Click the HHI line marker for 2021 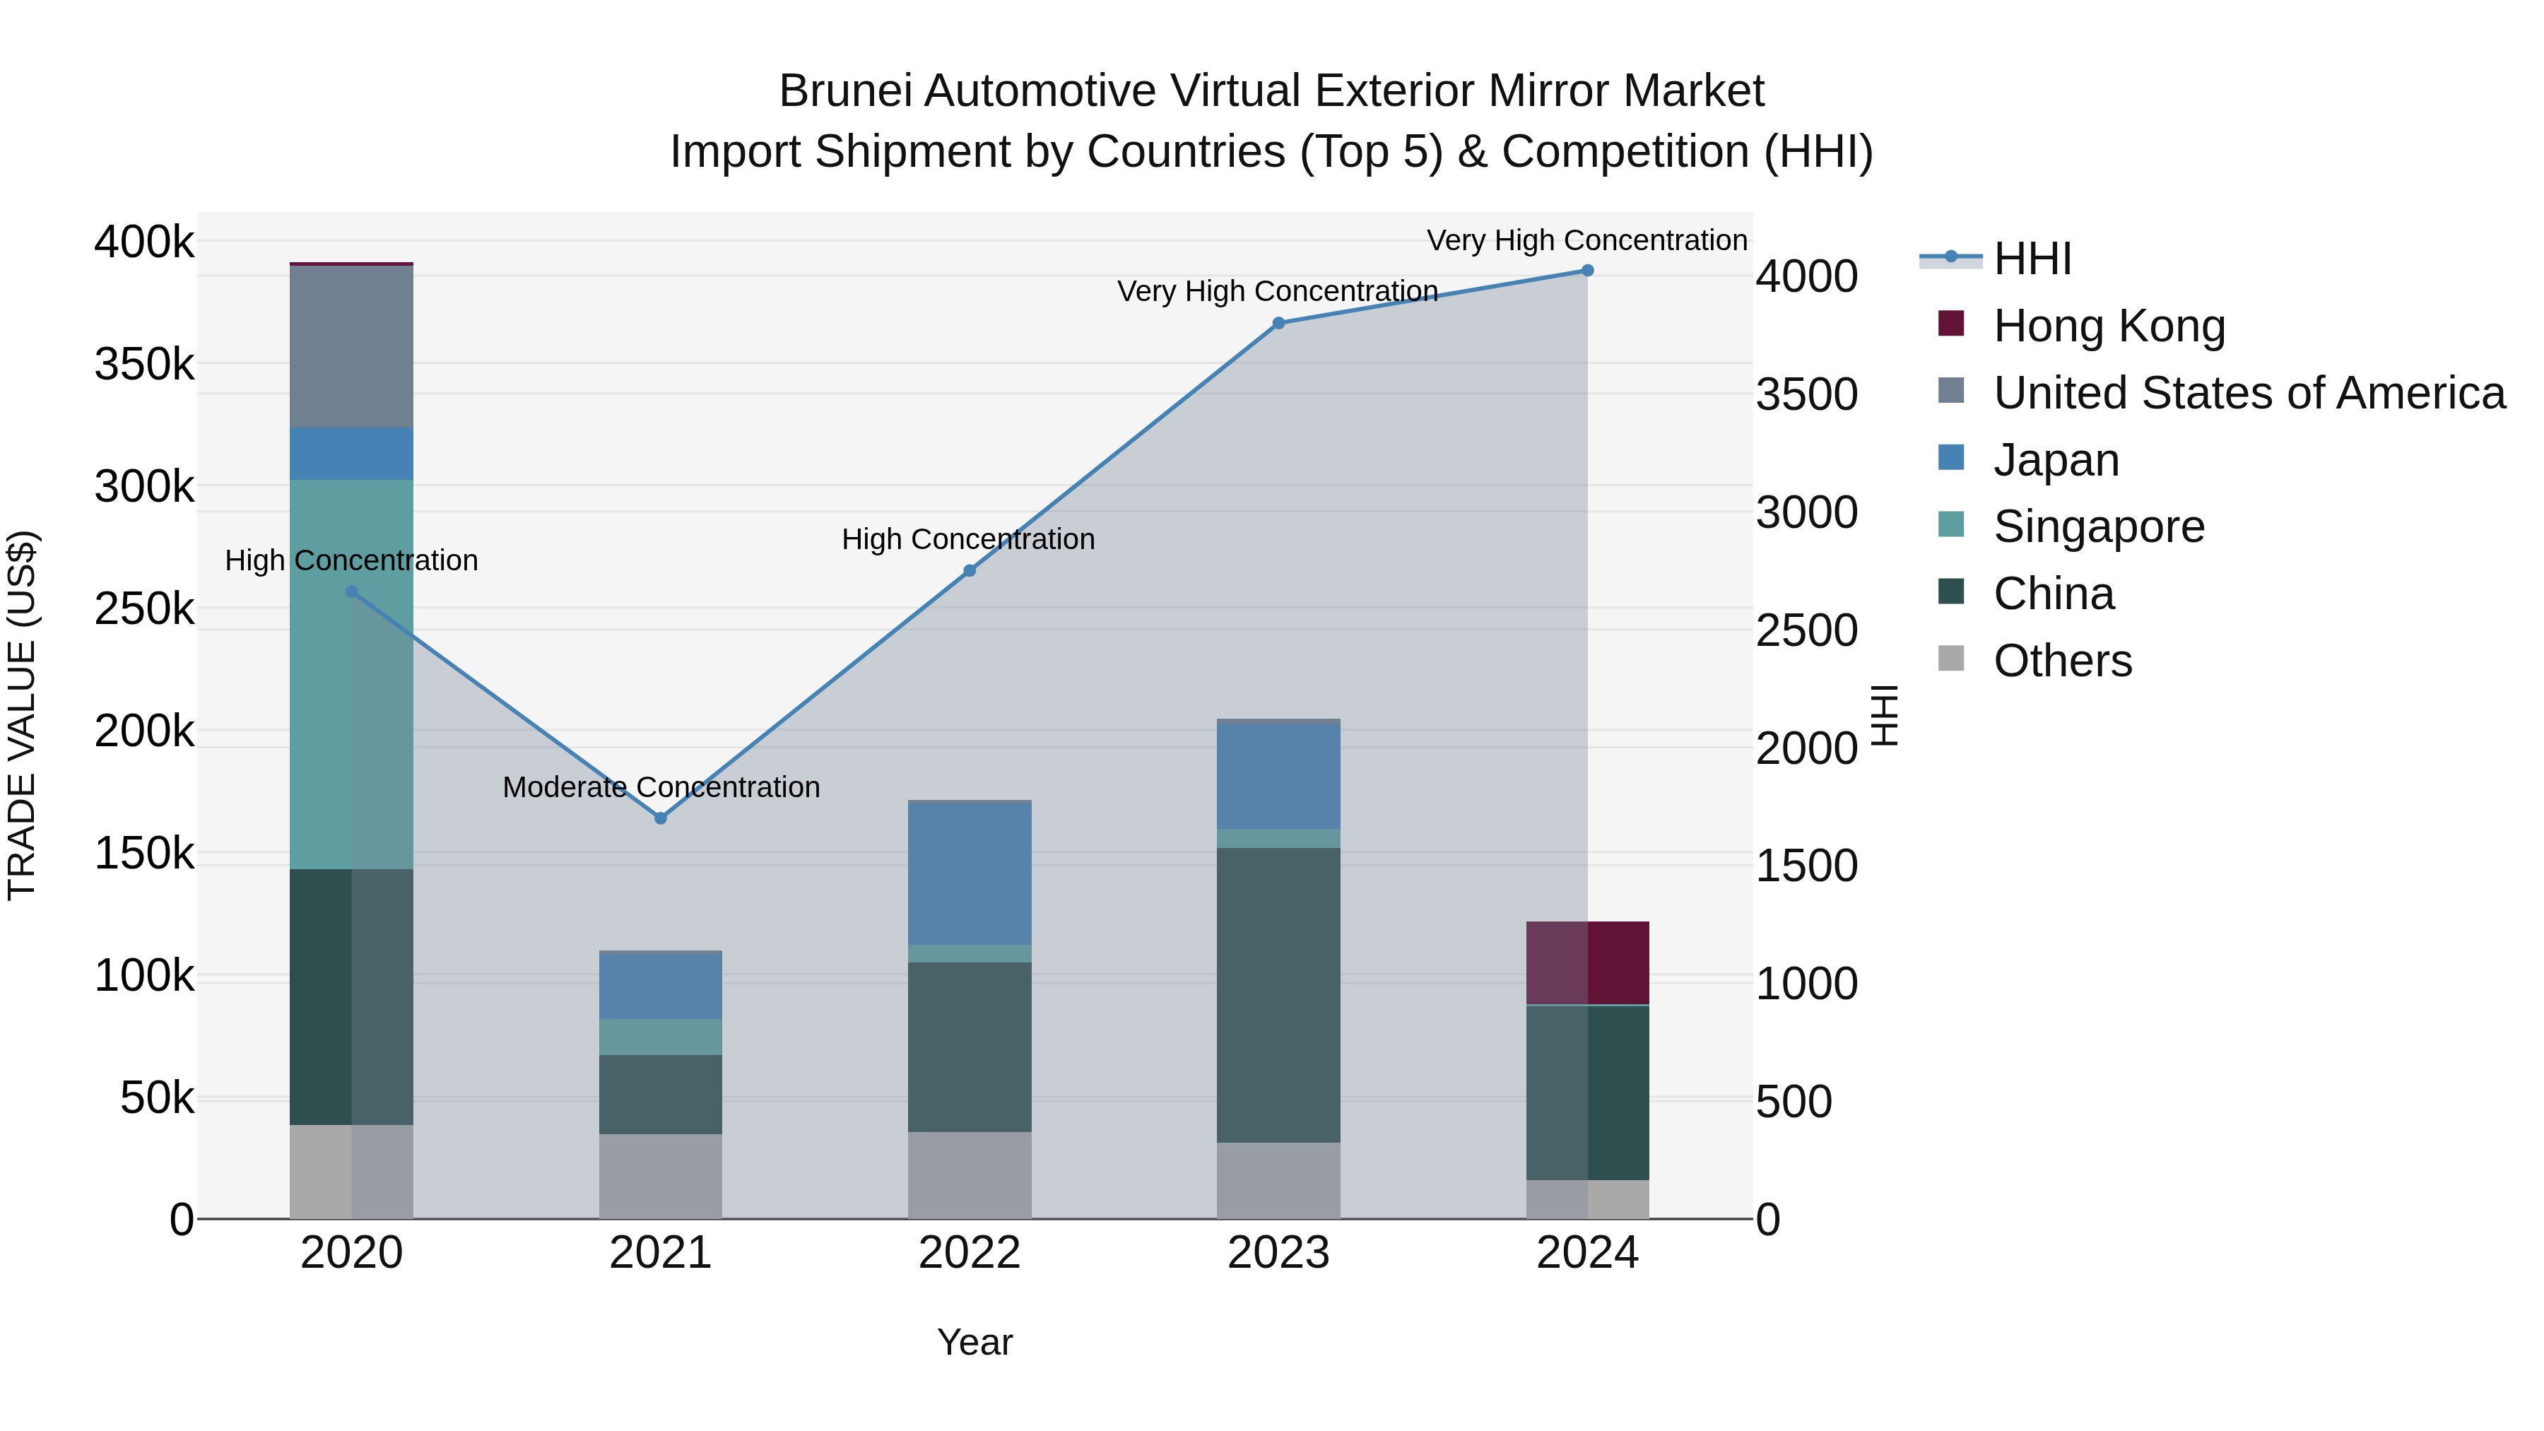click(661, 818)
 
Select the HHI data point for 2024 click(1587, 271)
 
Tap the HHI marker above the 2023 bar click(1278, 323)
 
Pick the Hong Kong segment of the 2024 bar click(1587, 963)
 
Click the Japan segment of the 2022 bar click(969, 874)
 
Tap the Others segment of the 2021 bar click(661, 1175)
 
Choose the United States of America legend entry click(2248, 393)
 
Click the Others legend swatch click(1950, 659)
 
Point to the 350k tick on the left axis click(144, 365)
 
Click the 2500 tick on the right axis click(1806, 630)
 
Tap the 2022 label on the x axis click(969, 1253)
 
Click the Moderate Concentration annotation click(661, 787)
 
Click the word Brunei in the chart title click(845, 91)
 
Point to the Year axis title click(974, 1342)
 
